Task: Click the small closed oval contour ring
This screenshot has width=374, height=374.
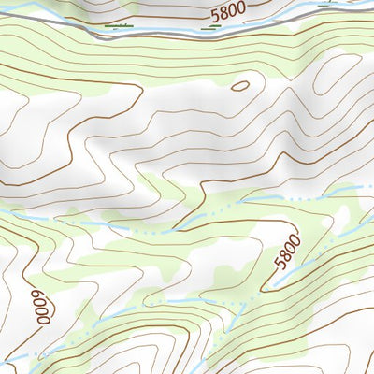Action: coord(240,86)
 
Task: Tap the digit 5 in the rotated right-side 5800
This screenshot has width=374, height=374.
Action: coord(280,265)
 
